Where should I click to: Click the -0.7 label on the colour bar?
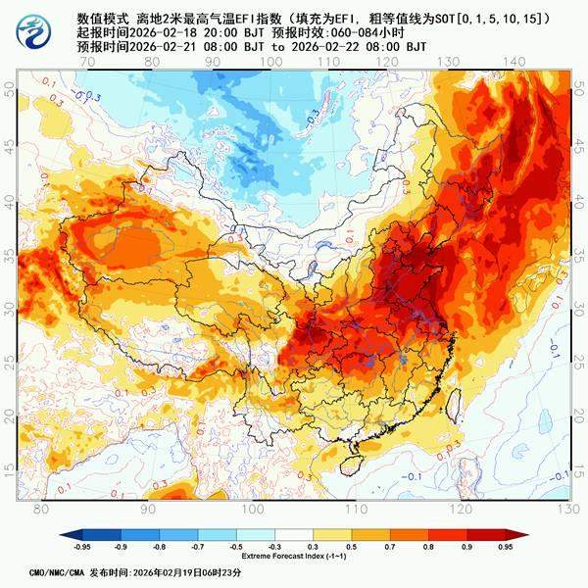(198, 547)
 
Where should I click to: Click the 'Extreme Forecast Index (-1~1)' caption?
(295, 557)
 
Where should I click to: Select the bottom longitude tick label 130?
(563, 510)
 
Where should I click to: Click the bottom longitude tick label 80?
(41, 510)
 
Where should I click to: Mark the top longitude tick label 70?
(88, 62)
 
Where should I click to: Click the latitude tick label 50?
(10, 88)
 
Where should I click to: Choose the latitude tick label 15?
(10, 469)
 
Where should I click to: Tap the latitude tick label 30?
(10, 308)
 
